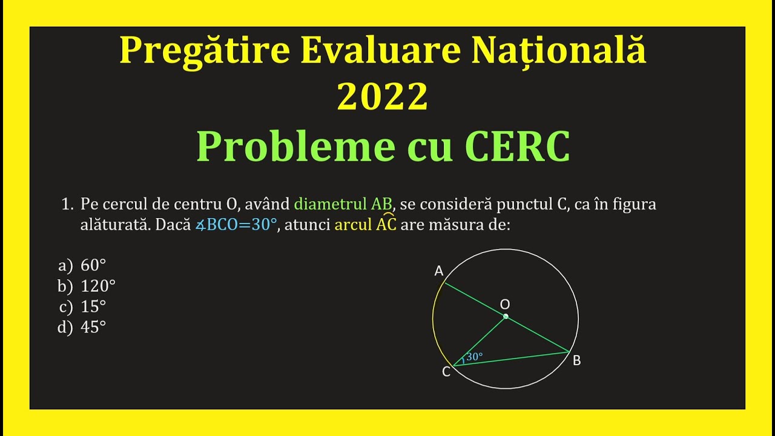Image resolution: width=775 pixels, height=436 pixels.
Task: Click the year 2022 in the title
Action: coord(382,96)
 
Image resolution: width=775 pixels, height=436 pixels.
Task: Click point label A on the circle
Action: coord(439,271)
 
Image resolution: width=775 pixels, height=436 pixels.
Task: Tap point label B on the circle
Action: coord(576,360)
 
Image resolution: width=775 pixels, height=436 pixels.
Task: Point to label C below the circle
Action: coord(446,372)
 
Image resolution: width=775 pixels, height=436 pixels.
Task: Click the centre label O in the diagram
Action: coord(505,304)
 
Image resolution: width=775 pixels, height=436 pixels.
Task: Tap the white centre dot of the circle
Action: coord(506,316)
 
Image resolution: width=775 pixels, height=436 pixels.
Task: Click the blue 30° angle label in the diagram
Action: coord(475,357)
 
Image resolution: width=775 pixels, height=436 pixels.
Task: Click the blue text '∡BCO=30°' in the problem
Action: coord(236,225)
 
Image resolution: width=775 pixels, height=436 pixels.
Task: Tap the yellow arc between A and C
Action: coord(434,321)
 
